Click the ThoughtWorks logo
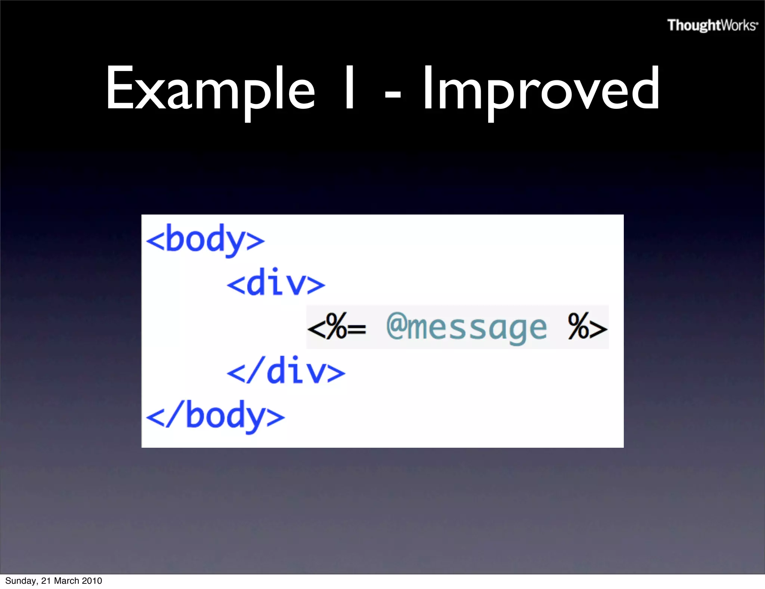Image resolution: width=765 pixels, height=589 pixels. click(712, 25)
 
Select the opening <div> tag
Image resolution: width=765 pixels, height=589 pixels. click(276, 283)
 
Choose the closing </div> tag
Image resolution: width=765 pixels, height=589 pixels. click(286, 371)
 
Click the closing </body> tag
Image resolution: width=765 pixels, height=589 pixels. click(215, 416)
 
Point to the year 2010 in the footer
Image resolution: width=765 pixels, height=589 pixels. click(92, 581)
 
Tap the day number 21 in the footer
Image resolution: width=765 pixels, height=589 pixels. click(46, 581)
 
